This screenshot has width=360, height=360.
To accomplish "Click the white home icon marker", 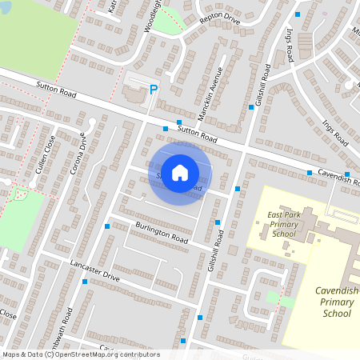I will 180,173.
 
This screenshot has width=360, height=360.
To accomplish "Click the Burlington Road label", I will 162,233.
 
